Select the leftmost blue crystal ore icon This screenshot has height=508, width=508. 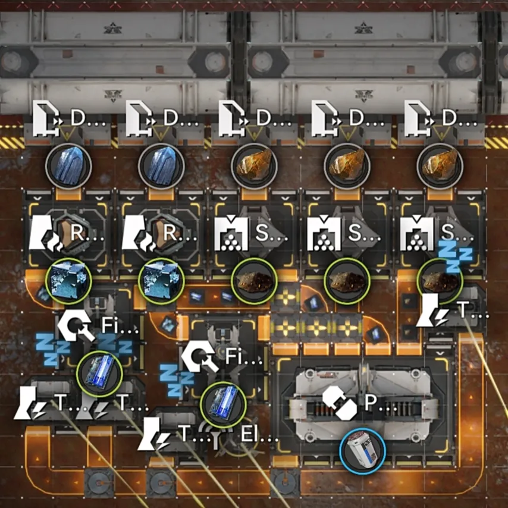click(68, 166)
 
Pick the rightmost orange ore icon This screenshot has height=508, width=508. click(440, 166)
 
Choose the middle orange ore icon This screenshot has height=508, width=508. click(347, 166)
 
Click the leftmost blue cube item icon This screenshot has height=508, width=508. click(68, 281)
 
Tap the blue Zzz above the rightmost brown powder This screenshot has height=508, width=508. click(454, 256)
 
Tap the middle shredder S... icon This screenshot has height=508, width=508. click(324, 234)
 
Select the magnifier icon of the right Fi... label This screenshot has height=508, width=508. click(200, 356)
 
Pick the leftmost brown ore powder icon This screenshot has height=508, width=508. click(254, 281)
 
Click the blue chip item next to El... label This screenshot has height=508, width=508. click(223, 404)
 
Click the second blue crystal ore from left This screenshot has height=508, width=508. click(161, 166)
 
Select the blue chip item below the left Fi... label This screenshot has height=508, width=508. click(99, 374)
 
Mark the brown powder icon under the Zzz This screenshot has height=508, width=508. click(440, 281)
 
